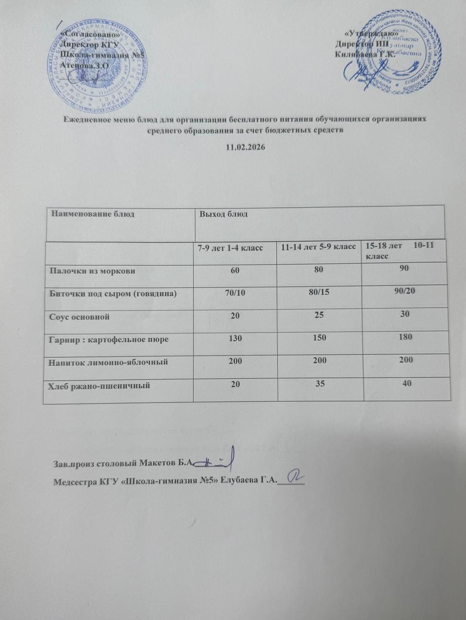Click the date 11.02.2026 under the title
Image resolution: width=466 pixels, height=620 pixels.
pyautogui.click(x=245, y=147)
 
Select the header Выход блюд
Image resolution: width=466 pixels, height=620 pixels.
pyautogui.click(x=224, y=214)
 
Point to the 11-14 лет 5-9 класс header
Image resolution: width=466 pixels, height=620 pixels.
pyautogui.click(x=319, y=248)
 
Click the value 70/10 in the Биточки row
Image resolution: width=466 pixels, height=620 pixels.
pyautogui.click(x=235, y=293)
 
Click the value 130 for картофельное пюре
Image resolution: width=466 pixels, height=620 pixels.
pyautogui.click(x=235, y=339)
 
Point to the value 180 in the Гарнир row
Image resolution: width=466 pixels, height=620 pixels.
pyautogui.click(x=405, y=336)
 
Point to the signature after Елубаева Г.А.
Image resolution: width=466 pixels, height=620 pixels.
pyautogui.click(x=294, y=477)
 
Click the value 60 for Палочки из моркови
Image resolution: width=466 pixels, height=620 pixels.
pyautogui.click(x=235, y=270)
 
